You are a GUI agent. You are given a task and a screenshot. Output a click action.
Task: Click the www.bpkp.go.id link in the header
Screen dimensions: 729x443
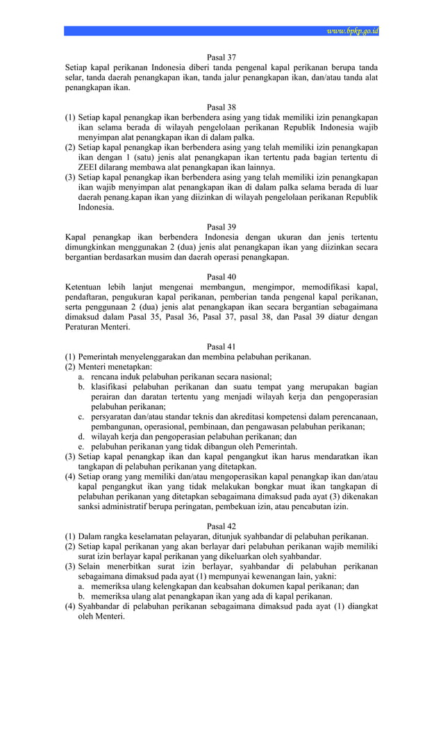(352, 31)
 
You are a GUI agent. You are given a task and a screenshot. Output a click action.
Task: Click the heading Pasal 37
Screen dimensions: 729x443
(221, 57)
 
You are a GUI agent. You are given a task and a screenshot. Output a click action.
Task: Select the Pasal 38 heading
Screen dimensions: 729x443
(221, 108)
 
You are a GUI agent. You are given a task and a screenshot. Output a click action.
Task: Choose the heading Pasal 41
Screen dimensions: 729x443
(221, 347)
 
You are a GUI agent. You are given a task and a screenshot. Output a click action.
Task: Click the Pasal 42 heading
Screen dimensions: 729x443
(221, 526)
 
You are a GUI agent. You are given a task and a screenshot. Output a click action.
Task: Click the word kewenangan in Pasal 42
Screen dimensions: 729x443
(265, 576)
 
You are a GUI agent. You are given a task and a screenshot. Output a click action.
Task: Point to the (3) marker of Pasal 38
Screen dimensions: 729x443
(70, 178)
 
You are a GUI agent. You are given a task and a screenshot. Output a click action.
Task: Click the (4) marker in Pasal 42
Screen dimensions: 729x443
(70, 607)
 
